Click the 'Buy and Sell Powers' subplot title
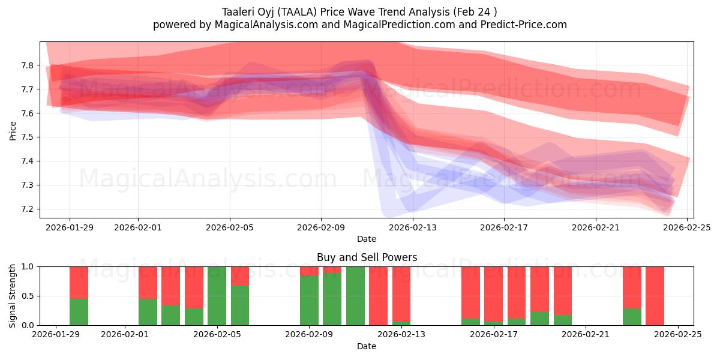[x=367, y=257]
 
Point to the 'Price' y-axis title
[x=13, y=131]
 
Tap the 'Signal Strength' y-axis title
[x=13, y=296]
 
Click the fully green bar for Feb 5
[x=217, y=296]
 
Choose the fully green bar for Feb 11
[x=355, y=296]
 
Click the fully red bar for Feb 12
[x=378, y=296]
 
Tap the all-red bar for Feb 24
[x=655, y=296]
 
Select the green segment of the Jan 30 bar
[x=79, y=312]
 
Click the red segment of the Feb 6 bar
[x=240, y=275]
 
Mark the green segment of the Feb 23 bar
[x=632, y=317]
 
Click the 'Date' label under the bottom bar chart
[x=367, y=346]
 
